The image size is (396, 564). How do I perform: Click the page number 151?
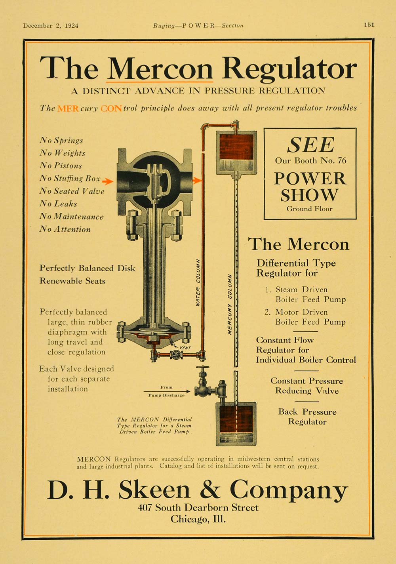(x=369, y=25)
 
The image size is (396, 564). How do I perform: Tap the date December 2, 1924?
(x=51, y=26)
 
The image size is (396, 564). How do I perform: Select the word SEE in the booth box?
(x=311, y=145)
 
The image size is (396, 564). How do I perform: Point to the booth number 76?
(x=342, y=160)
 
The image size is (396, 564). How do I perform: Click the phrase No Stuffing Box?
(x=70, y=179)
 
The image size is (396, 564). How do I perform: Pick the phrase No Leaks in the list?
(x=58, y=204)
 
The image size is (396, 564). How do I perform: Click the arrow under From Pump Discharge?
(x=167, y=391)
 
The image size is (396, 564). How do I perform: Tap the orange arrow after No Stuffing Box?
(x=107, y=181)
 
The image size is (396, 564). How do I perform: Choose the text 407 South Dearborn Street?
(x=198, y=507)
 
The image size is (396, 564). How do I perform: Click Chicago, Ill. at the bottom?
(x=198, y=519)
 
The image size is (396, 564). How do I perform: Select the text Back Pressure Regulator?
(x=307, y=417)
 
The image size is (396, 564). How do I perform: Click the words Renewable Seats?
(x=72, y=281)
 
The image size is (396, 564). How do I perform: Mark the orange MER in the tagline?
(x=68, y=108)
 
